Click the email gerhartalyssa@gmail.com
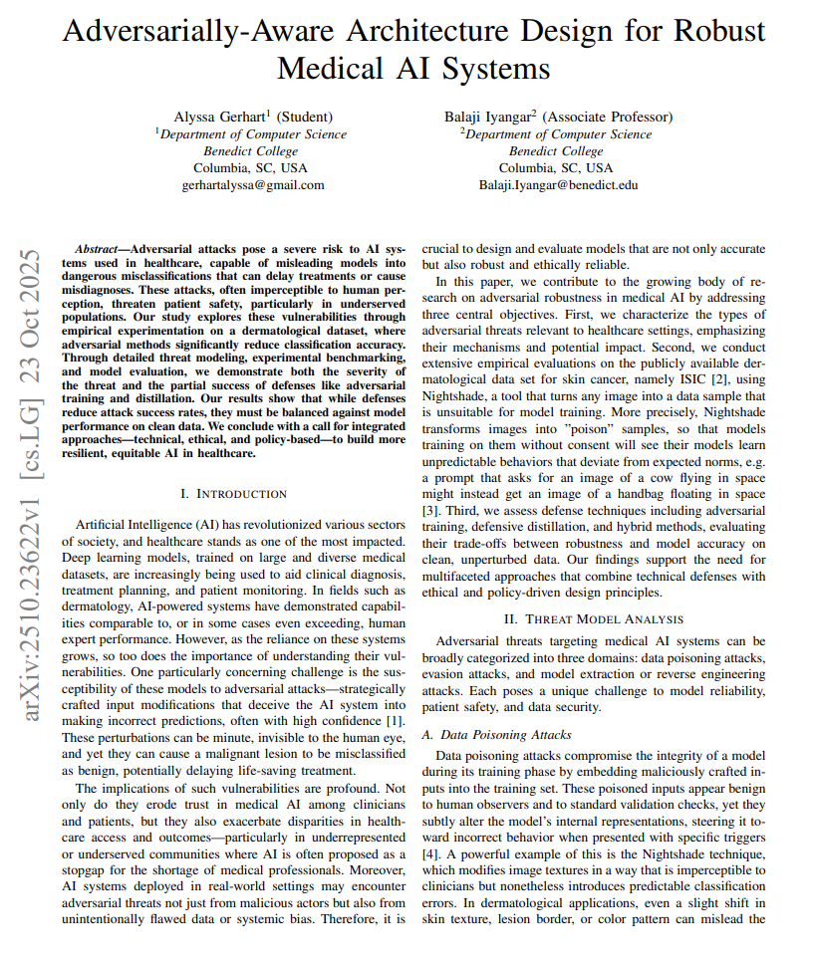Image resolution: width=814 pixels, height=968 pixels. click(253, 185)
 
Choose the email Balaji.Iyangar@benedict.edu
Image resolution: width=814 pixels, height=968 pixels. click(558, 185)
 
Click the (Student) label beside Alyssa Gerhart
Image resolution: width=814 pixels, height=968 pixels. click(304, 118)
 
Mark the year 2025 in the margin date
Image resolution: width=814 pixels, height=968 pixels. click(32, 271)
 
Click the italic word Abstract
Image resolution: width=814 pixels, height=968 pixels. click(99, 247)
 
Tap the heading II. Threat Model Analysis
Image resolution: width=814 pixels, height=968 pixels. click(594, 618)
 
